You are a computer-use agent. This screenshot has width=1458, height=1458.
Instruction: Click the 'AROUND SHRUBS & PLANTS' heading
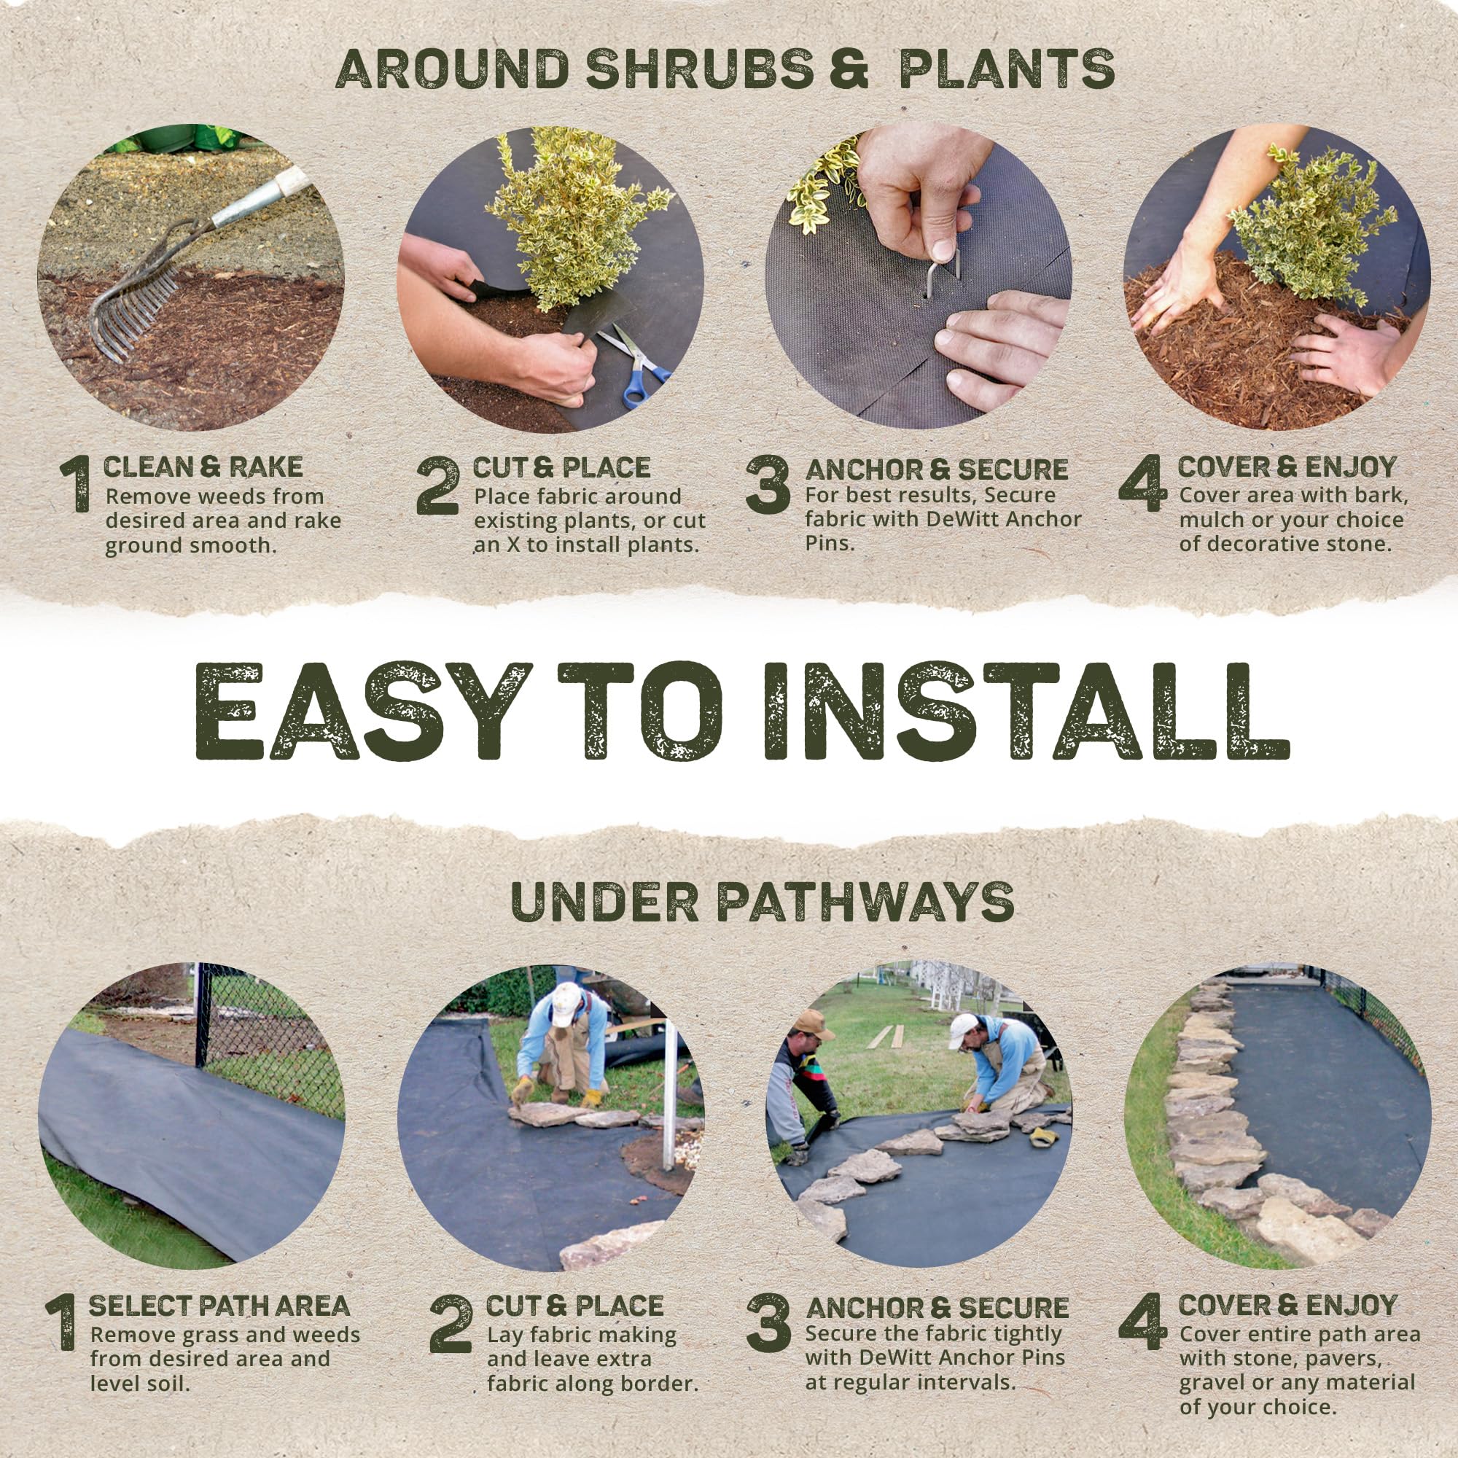click(725, 70)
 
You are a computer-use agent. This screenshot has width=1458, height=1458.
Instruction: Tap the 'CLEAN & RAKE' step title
click(203, 468)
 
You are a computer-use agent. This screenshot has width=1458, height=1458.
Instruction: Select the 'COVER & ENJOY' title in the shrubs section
click(1287, 468)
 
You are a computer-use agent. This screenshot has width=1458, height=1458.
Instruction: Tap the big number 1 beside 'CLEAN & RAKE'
click(76, 485)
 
